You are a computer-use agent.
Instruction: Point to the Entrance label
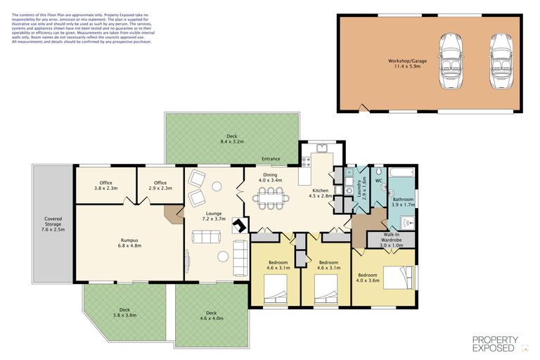(271, 159)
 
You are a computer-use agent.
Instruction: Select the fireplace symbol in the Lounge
(239, 226)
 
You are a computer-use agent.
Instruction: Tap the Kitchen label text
(320, 193)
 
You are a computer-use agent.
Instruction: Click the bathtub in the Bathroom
(401, 171)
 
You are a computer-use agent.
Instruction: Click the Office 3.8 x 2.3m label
(105, 186)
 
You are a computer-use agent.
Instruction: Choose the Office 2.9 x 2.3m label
(160, 186)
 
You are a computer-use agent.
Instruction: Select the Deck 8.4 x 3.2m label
(231, 139)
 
